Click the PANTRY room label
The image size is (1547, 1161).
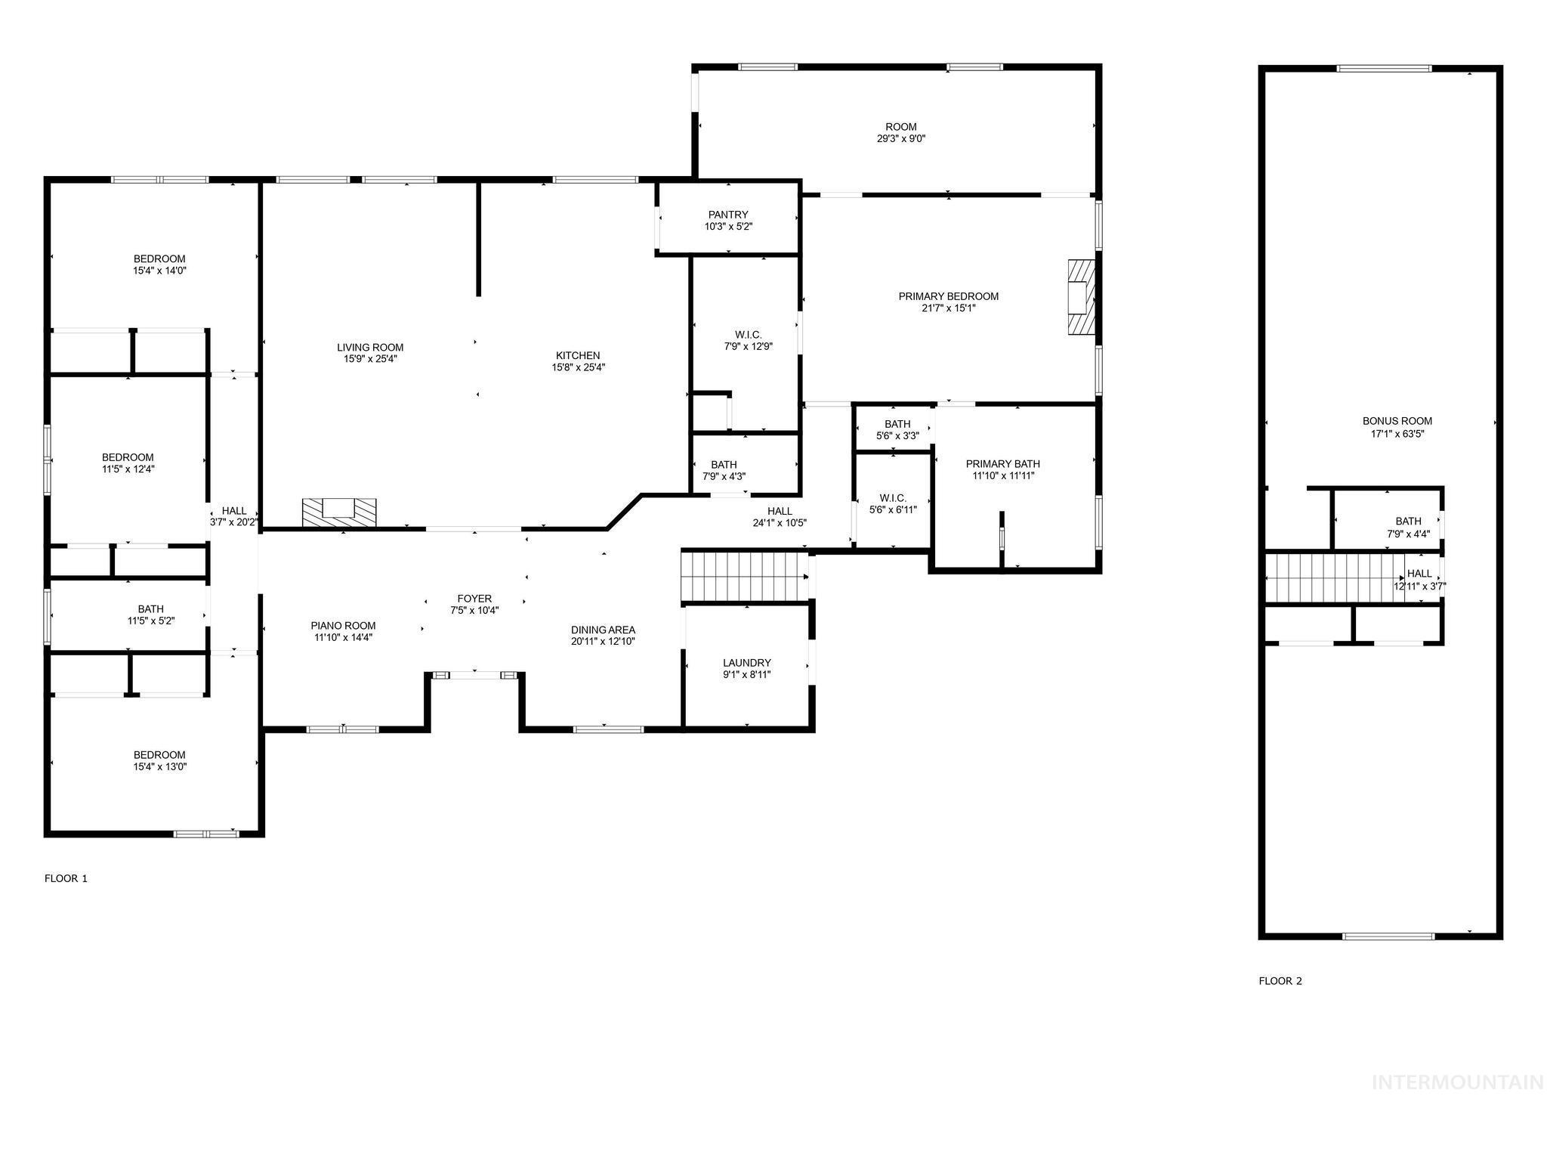pos(728,215)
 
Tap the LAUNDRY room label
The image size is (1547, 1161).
pos(746,663)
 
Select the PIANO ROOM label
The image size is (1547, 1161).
pos(343,626)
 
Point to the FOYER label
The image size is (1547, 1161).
pos(474,599)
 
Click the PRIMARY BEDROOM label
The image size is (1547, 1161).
pos(948,296)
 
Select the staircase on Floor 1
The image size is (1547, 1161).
pos(745,576)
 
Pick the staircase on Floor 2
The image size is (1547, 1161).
pos(1333,577)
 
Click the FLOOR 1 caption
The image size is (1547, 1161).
pos(66,878)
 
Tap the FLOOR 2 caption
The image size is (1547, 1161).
pos(1280,981)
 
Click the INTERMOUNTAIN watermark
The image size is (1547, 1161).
pos(1457,1083)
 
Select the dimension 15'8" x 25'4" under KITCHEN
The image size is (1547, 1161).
pos(578,368)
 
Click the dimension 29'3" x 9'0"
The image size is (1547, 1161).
pos(900,139)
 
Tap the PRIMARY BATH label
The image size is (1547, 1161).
pos(1002,464)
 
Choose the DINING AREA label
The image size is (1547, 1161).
pos(603,630)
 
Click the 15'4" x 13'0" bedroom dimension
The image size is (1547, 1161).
pos(159,766)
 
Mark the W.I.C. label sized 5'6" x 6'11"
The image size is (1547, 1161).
pos(893,498)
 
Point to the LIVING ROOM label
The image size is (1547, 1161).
pos(370,348)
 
